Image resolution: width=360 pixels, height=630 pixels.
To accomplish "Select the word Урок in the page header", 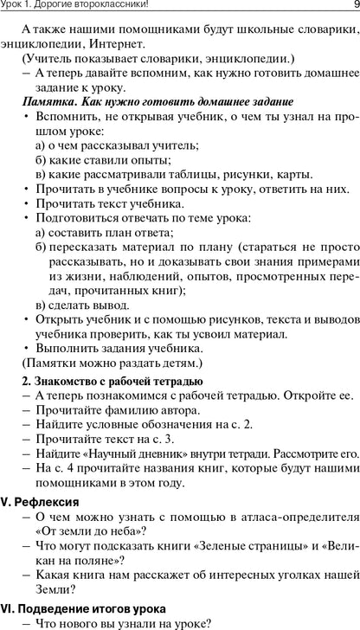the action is (x=16, y=7).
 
